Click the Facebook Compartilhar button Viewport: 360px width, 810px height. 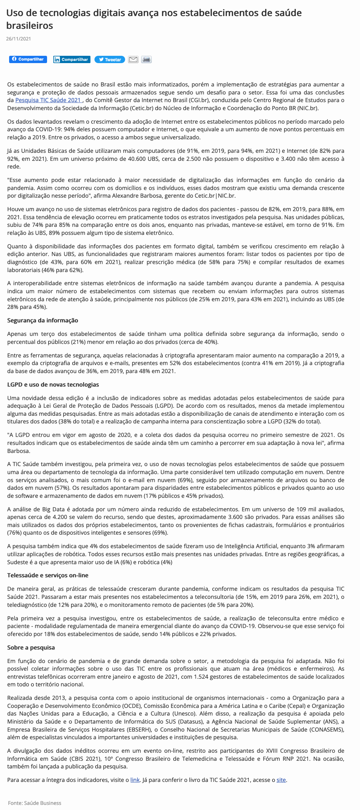pyautogui.click(x=28, y=59)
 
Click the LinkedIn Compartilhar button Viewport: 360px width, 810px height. pyautogui.click(x=71, y=59)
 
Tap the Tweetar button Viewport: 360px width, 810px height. pyautogui.click(x=110, y=59)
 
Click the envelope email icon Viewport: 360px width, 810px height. pyautogui.click(x=133, y=59)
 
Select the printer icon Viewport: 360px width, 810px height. pyautogui.click(x=146, y=59)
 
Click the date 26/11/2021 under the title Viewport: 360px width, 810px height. pyautogui.click(x=19, y=39)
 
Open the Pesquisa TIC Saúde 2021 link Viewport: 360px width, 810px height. pyautogui.click(x=48, y=100)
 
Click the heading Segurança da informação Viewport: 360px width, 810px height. pyautogui.click(x=43, y=320)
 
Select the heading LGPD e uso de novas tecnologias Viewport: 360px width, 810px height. pyautogui.click(x=53, y=384)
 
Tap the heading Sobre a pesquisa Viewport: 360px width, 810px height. pyautogui.click(x=31, y=647)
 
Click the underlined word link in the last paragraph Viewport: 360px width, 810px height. pyautogui.click(x=135, y=780)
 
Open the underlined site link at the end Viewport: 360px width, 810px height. pyautogui.click(x=281, y=780)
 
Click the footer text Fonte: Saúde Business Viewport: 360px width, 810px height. pyautogui.click(x=35, y=803)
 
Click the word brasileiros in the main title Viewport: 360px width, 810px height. pyautogui.click(x=30, y=26)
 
